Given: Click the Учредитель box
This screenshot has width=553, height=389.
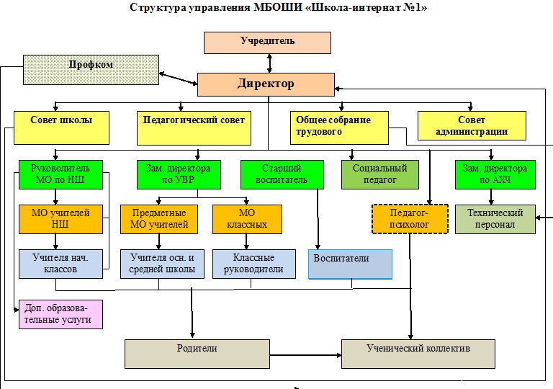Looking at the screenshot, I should tap(267, 43).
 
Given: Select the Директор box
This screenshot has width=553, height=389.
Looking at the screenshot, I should tap(266, 84).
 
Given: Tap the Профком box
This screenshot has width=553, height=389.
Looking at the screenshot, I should tap(91, 69).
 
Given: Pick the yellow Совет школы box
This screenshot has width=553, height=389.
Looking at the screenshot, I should tap(61, 127).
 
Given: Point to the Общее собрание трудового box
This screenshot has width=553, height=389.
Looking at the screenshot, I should tap(340, 126).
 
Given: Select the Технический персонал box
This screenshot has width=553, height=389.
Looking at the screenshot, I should tap(495, 220).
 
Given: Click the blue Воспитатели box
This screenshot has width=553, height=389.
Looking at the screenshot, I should tap(350, 264).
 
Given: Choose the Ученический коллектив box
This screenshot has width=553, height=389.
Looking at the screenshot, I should tap(418, 354).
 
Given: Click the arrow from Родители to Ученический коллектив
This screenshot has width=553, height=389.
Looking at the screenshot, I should tap(305, 354).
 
